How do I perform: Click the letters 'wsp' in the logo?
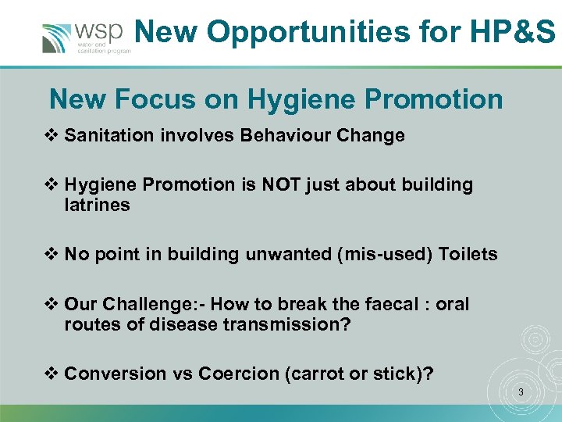[98, 30]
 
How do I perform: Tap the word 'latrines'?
[97, 205]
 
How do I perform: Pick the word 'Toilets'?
[468, 254]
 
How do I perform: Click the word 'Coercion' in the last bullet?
[235, 374]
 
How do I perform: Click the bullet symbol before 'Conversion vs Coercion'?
[54, 374]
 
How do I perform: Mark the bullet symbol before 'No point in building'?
[54, 254]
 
